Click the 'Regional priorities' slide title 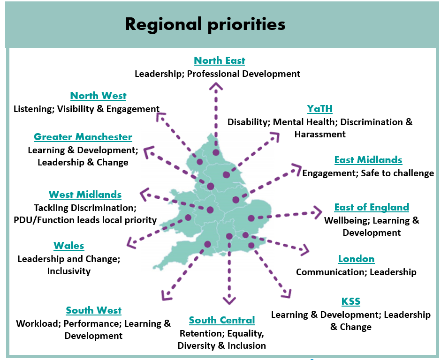(205, 24)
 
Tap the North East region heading (220, 60)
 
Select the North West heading (98, 96)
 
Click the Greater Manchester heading (83, 137)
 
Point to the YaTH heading (320, 109)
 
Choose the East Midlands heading (368, 160)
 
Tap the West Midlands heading (85, 195)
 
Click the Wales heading (69, 246)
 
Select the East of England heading (372, 207)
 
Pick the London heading (357, 259)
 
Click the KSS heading (351, 301)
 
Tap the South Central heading (222, 320)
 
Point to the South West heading (94, 310)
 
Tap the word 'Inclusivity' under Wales (69, 271)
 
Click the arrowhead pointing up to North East (216, 86)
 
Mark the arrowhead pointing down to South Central (229, 300)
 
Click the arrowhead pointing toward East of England (318, 212)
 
